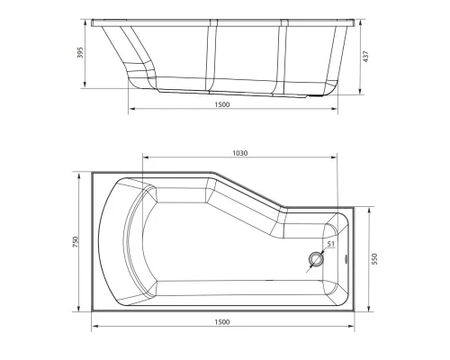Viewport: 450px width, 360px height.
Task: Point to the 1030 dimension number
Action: [x=239, y=154]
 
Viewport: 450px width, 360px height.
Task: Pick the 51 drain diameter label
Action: [x=330, y=244]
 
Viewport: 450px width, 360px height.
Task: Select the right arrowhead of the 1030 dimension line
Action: [x=336, y=161]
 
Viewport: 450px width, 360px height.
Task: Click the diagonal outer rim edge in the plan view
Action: [x=247, y=192]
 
